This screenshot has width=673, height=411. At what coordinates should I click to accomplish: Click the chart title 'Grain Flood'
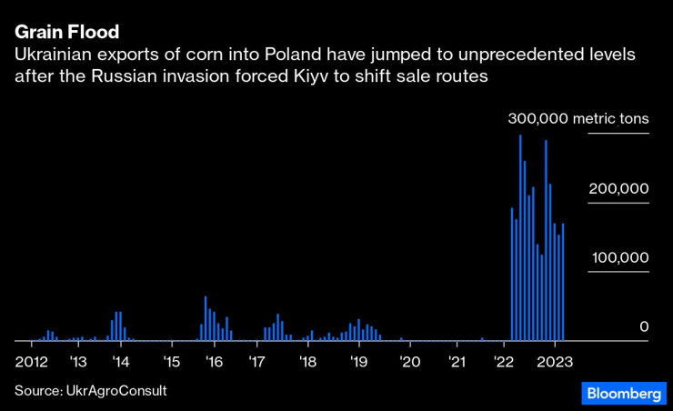tap(66, 33)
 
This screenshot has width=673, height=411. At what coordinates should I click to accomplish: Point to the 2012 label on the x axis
tap(31, 361)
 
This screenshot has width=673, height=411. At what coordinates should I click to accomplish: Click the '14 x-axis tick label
tap(120, 361)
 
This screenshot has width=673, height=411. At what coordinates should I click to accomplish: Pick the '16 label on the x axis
tap(214, 361)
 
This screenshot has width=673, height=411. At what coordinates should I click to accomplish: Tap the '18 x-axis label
tap(307, 361)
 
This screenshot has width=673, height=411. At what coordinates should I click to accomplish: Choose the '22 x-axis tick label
tap(503, 361)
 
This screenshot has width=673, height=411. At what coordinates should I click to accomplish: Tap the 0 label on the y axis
tap(643, 326)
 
